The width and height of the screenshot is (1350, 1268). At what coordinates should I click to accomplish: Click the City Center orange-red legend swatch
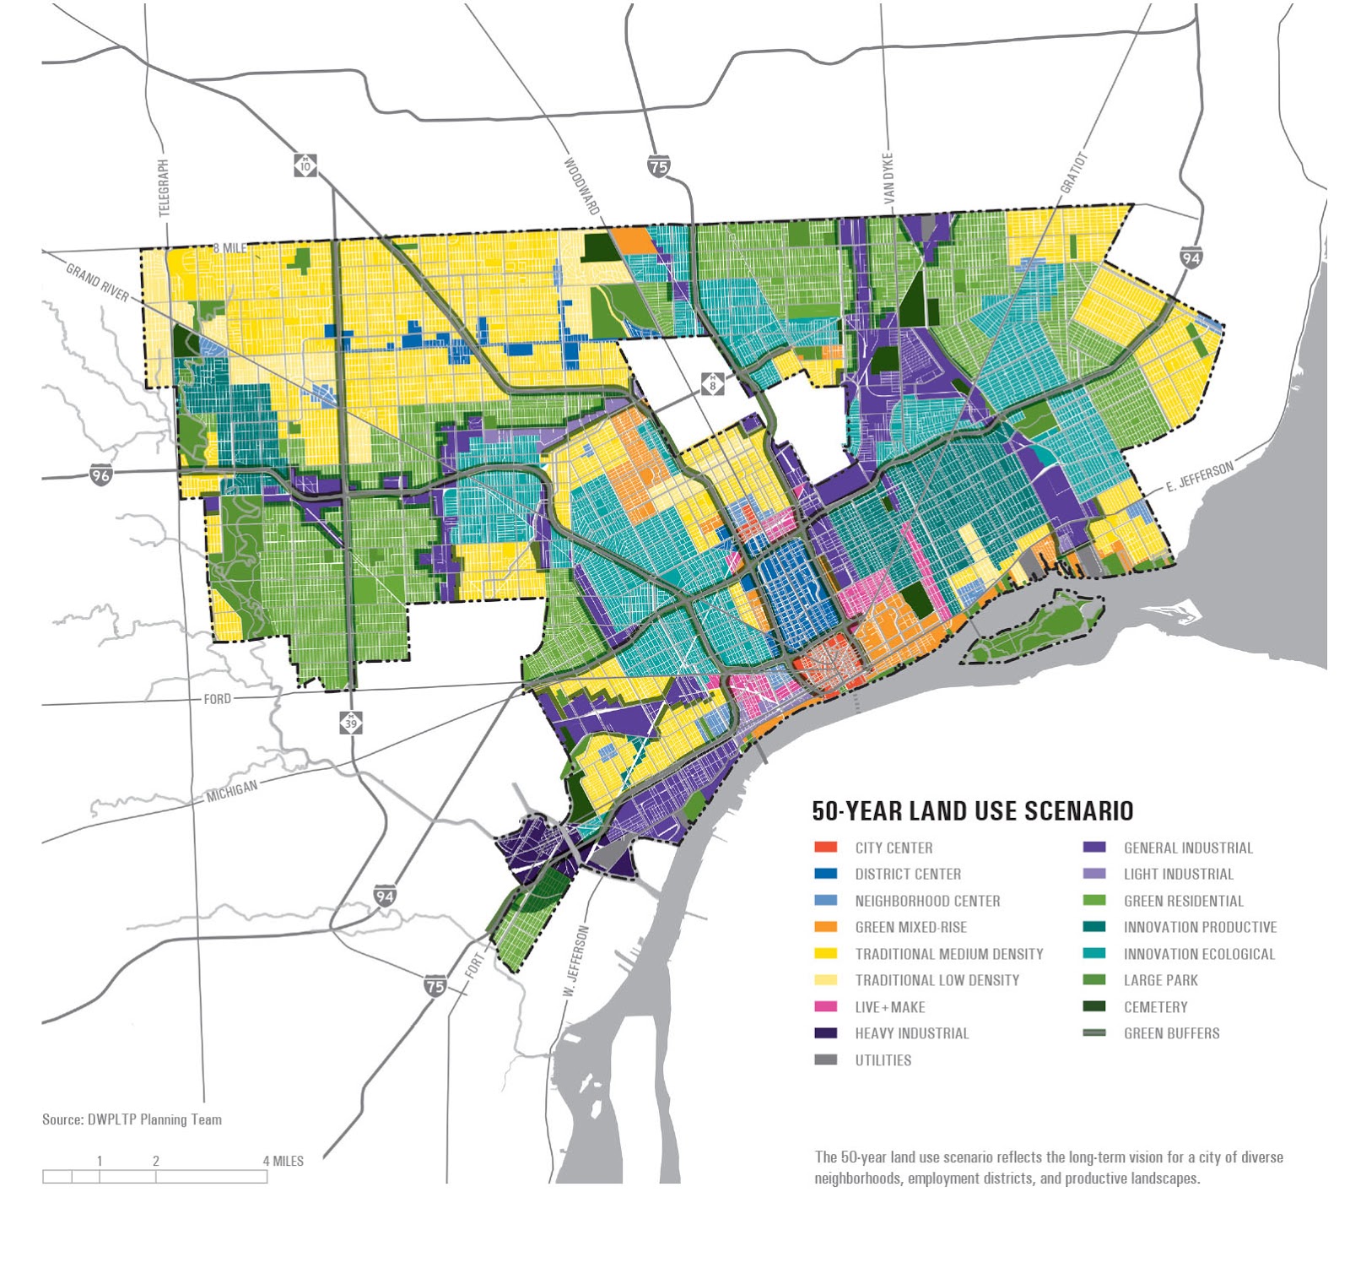(825, 848)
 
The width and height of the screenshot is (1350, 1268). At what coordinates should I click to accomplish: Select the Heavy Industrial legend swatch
(825, 1033)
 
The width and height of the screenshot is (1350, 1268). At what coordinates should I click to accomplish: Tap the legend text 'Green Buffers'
(1171, 1033)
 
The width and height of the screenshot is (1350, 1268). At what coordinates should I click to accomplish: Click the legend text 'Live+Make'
(889, 1007)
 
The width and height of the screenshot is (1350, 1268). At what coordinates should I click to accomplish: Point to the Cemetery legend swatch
(1094, 1007)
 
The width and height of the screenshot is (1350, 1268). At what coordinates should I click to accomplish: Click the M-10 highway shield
(305, 165)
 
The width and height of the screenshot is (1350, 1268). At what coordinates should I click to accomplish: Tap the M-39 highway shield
(351, 722)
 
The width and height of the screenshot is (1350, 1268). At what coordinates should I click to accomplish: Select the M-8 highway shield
(713, 384)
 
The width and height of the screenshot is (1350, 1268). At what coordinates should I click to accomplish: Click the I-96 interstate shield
(101, 475)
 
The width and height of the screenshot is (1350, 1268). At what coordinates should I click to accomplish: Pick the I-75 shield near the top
(659, 166)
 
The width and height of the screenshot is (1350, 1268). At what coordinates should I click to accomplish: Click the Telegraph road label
(164, 187)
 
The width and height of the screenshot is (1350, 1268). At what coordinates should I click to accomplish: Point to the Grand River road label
(97, 282)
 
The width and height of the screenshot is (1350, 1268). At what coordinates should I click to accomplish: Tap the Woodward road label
(582, 187)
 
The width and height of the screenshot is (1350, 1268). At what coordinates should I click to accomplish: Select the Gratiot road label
(1074, 173)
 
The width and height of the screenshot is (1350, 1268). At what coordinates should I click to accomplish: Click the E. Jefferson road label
(1199, 477)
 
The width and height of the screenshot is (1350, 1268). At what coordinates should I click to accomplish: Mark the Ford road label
(217, 699)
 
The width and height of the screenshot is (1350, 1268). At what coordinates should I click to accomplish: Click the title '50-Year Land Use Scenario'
(972, 811)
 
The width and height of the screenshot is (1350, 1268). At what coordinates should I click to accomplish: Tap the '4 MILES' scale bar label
(283, 1161)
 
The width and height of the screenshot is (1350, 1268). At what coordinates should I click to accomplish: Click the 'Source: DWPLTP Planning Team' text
(132, 1119)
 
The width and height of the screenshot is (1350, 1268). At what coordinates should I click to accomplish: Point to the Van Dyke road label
(888, 177)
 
